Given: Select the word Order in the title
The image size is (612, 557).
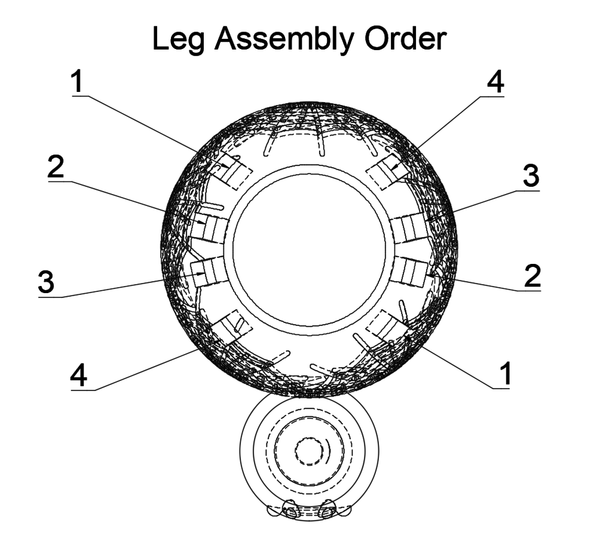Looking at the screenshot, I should (408, 39).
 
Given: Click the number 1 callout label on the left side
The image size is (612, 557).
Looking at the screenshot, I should (78, 83).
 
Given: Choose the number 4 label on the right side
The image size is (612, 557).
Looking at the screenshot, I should (494, 84).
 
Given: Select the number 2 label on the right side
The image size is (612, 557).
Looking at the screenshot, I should (532, 276).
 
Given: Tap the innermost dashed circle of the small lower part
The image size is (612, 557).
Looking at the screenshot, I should (309, 453).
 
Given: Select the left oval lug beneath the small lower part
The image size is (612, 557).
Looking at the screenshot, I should (291, 512).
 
